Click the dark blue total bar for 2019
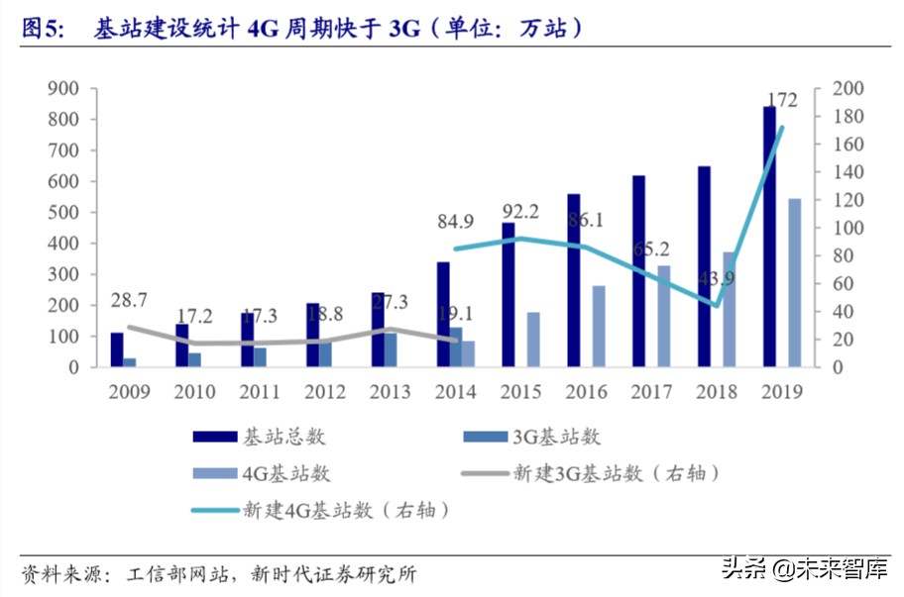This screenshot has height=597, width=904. [769, 238]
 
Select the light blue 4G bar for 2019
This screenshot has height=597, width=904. [794, 283]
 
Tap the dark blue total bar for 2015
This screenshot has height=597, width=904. [508, 295]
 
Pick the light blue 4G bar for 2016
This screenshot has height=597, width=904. [599, 327]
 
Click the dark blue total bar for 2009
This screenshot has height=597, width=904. [116, 350]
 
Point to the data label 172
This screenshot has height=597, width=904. [783, 99]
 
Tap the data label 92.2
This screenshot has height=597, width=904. [521, 211]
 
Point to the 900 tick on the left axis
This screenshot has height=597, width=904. [63, 89]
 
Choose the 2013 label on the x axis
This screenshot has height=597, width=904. [391, 392]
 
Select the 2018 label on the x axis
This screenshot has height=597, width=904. [717, 392]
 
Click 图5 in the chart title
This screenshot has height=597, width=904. [42, 29]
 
